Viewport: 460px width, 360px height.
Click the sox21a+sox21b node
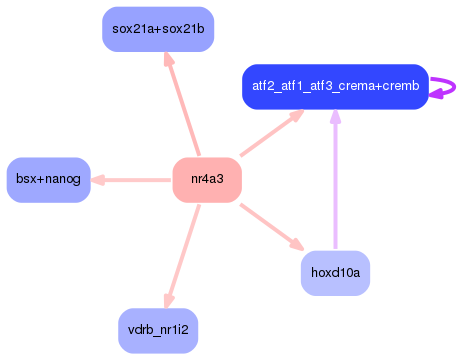point(158,29)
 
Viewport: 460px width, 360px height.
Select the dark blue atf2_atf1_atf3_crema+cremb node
point(335,87)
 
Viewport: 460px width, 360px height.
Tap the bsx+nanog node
point(48,180)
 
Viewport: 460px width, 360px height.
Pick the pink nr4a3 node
point(207,180)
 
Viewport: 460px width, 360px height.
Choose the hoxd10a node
point(335,272)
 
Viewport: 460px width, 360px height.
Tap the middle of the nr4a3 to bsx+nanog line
point(132,180)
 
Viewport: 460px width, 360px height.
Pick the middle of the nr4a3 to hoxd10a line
point(271,226)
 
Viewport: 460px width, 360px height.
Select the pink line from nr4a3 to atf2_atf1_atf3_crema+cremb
point(268,136)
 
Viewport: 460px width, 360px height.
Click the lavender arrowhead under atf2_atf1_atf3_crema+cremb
point(335,119)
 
